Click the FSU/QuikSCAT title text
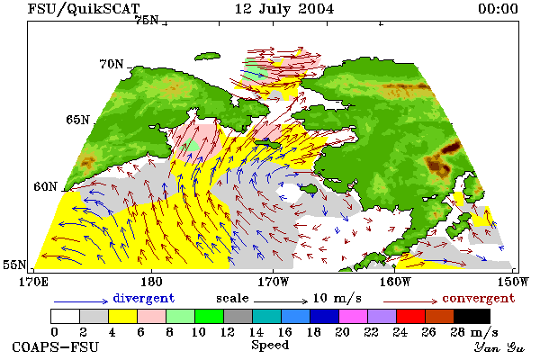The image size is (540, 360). [x=84, y=9]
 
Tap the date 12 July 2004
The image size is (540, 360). [x=284, y=9]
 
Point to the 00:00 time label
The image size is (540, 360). [x=498, y=9]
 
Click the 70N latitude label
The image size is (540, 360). [x=112, y=64]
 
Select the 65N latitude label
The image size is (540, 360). [x=77, y=120]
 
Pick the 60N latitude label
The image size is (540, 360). [x=45, y=186]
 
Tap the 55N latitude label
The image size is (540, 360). [x=14, y=265]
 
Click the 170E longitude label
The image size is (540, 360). [x=33, y=282]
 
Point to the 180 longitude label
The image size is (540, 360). [x=151, y=282]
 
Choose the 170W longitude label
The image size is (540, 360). [x=273, y=282]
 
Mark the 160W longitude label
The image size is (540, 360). [x=395, y=282]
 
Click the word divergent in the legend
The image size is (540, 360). [x=144, y=298]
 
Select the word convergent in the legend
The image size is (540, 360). [x=479, y=298]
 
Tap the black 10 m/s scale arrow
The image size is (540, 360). [x=281, y=301]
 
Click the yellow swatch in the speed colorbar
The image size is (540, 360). [x=122, y=316]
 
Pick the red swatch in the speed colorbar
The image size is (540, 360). [x=410, y=316]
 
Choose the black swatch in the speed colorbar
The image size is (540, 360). [x=472, y=316]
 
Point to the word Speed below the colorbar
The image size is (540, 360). [x=270, y=346]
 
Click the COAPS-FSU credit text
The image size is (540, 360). [x=55, y=346]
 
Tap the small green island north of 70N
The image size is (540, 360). [x=207, y=57]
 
